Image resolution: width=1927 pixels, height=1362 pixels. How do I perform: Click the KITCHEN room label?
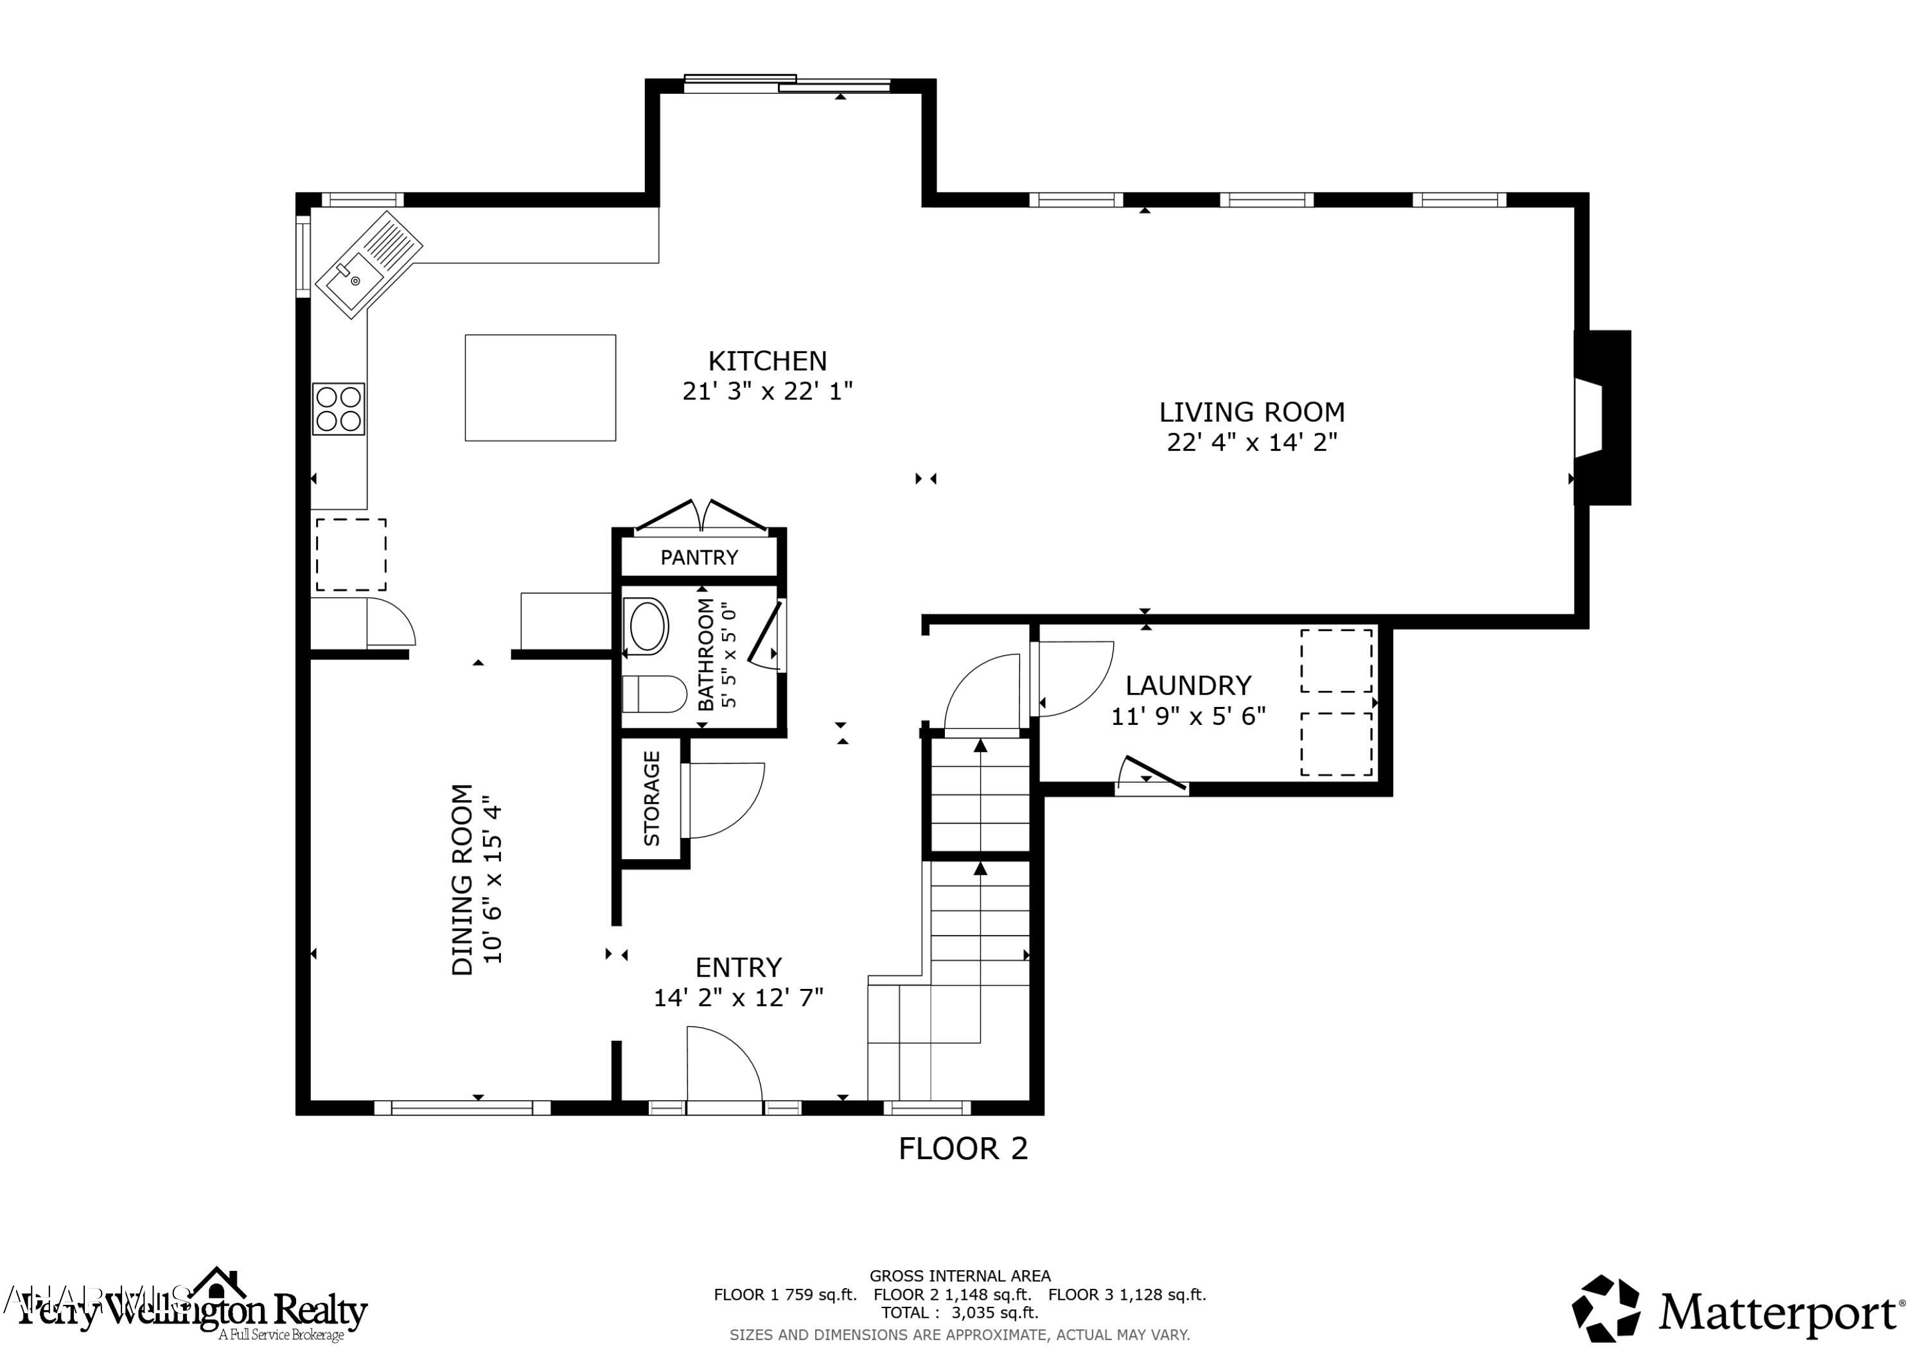(x=767, y=361)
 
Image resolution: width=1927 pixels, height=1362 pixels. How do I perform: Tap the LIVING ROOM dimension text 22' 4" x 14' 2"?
(x=1251, y=442)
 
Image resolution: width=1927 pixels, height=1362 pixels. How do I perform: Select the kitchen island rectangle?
(x=540, y=388)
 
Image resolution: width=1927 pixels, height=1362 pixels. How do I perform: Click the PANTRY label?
(x=699, y=557)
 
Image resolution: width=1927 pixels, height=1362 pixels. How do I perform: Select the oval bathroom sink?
(x=646, y=626)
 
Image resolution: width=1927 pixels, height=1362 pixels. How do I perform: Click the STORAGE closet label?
(x=652, y=798)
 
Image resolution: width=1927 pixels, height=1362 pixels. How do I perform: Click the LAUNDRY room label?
(x=1188, y=686)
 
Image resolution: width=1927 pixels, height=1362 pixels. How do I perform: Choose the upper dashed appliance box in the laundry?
(x=1336, y=660)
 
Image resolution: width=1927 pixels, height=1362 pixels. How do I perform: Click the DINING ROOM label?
(x=462, y=880)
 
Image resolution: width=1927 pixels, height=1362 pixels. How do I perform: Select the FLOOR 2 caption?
(x=963, y=1148)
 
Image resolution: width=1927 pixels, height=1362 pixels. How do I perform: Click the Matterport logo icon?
(x=1606, y=1308)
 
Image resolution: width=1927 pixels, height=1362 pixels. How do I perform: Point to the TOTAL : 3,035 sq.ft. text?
(x=959, y=1313)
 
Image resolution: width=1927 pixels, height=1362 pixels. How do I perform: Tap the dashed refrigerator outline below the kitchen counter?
(x=351, y=555)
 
